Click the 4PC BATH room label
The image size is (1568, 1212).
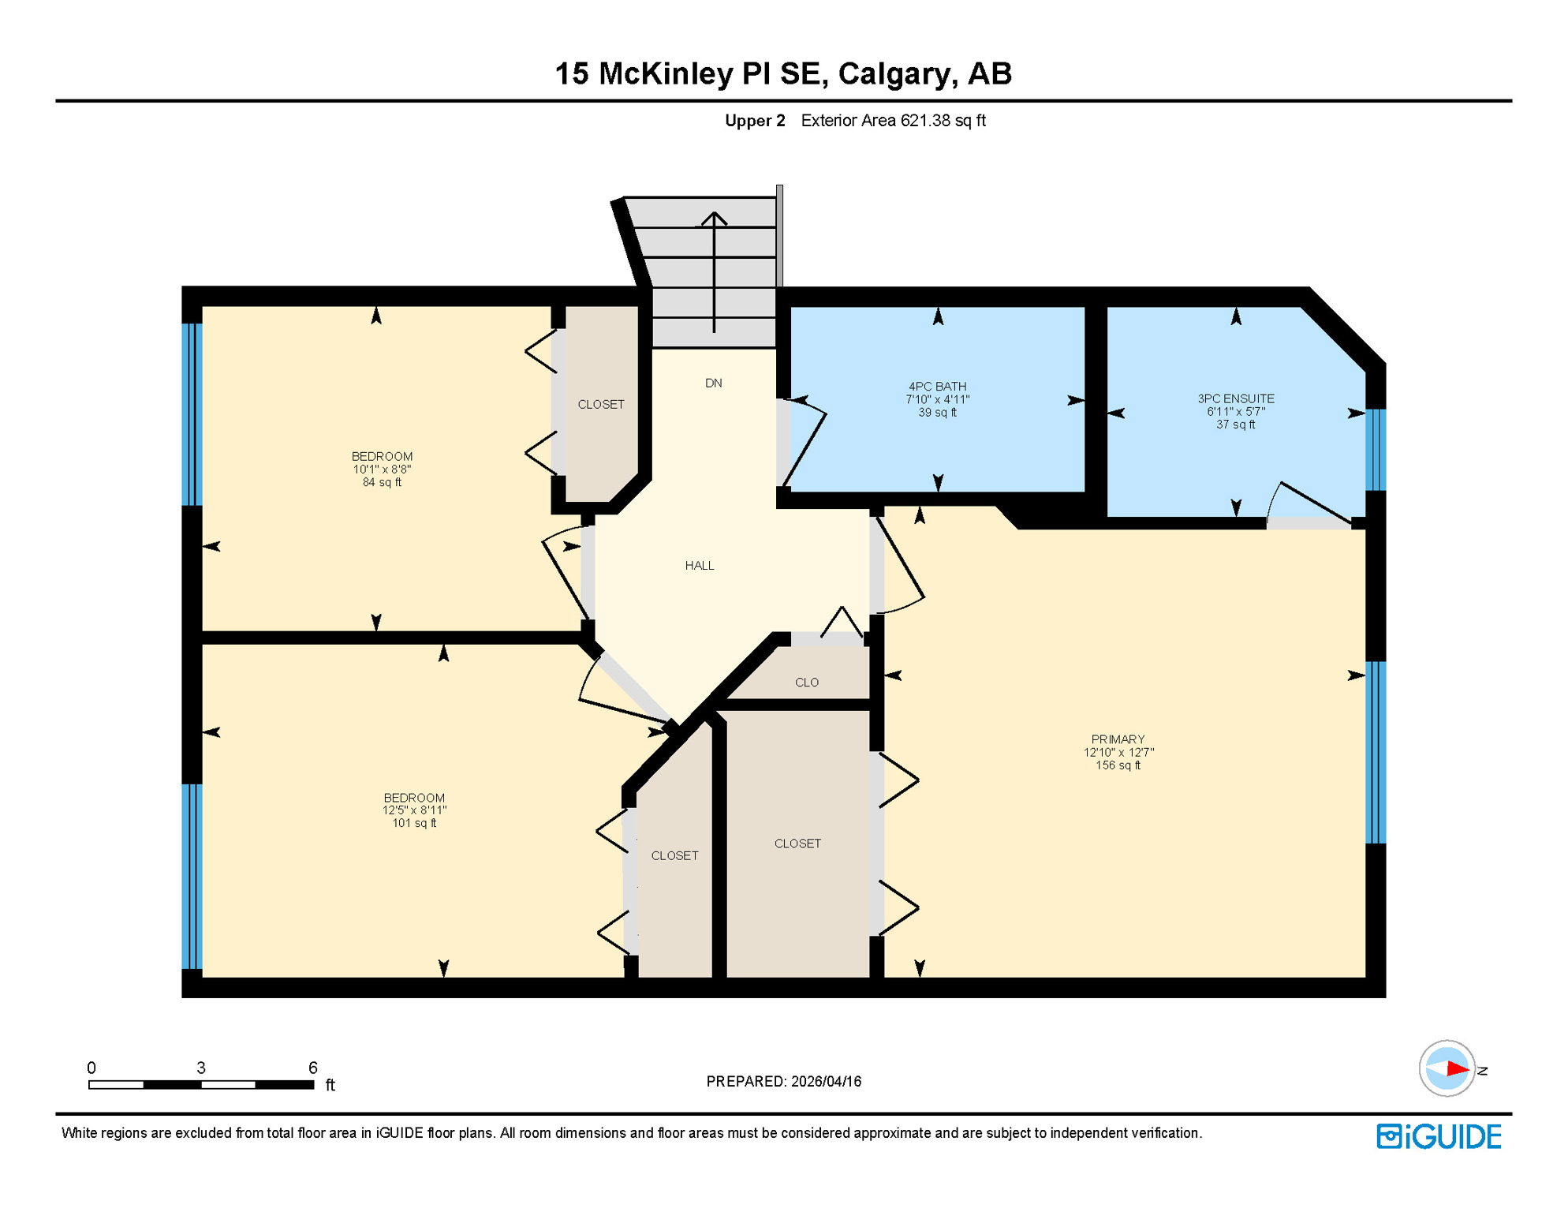937,387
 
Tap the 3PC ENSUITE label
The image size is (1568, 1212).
1235,398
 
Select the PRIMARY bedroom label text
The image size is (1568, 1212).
1118,739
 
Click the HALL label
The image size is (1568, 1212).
699,566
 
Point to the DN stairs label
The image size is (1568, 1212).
713,383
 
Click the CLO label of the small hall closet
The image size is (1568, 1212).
806,683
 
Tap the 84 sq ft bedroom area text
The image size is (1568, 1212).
382,482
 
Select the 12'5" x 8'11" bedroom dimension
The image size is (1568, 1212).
414,810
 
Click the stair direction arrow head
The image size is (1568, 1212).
714,217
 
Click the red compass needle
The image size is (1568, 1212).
1457,1069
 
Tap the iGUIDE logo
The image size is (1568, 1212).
1439,1136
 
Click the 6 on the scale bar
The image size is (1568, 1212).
313,1068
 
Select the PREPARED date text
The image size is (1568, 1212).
783,1082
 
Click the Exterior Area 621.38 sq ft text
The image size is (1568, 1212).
893,121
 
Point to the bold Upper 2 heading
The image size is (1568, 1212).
755,121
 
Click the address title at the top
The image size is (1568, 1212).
783,73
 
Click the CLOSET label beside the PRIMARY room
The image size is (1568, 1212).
797,844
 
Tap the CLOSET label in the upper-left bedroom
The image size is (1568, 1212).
600,405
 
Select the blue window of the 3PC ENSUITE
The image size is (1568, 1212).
1375,450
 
